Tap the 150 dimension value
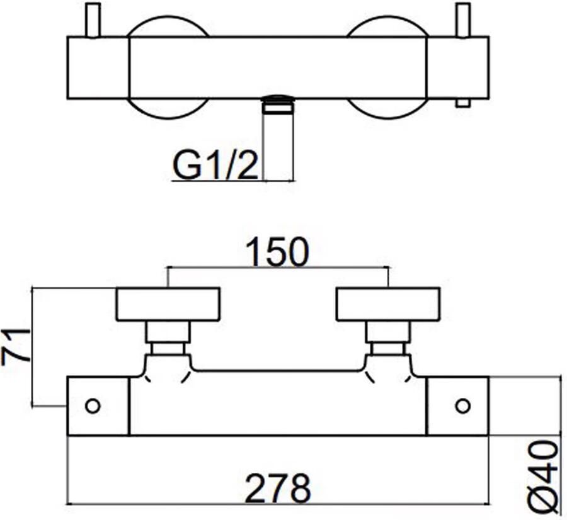278,252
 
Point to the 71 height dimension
16,345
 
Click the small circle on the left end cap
93,406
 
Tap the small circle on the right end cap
463,406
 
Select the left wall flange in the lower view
168,304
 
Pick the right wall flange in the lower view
388,304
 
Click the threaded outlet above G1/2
278,105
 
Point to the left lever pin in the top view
92,20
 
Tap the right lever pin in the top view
463,20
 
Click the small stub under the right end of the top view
463,103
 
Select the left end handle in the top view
98,67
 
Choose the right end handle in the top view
458,67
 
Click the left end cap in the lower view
98,406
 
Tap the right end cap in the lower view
458,406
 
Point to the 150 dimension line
278,268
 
